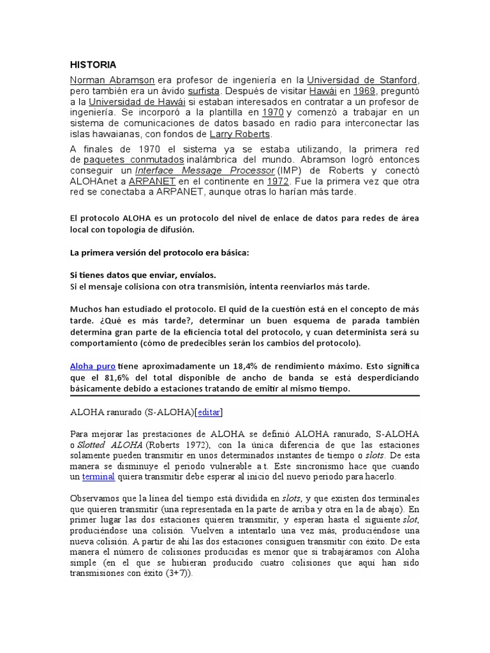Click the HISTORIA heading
coord(93,64)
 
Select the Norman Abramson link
coord(112,80)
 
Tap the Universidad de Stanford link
coord(362,80)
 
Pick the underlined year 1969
coord(362,91)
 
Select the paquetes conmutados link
coord(134,159)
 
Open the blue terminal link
coord(98,476)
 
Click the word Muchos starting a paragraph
coord(85,309)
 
